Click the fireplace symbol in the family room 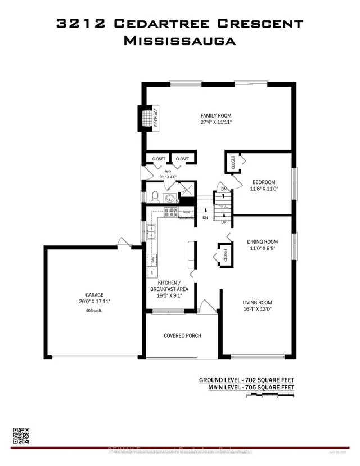pyautogui.click(x=147, y=119)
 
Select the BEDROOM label pyautogui.click(x=263, y=182)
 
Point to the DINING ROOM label pyautogui.click(x=263, y=242)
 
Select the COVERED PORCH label pyautogui.click(x=182, y=335)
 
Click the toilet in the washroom pyautogui.click(x=154, y=196)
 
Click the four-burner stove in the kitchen pyautogui.click(x=170, y=212)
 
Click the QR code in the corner pyautogui.click(x=21, y=437)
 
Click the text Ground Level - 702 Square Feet pyautogui.click(x=246, y=380)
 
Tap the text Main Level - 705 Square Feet pyautogui.click(x=246, y=387)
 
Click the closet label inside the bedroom pyautogui.click(x=233, y=162)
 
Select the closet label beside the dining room pyautogui.click(x=225, y=254)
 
